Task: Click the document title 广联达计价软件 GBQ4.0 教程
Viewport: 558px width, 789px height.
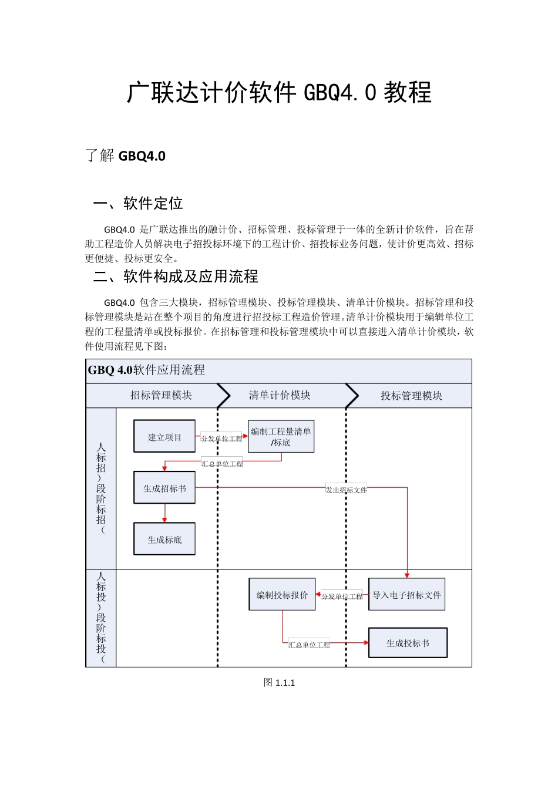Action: (279, 93)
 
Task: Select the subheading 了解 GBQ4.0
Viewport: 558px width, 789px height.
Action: (125, 156)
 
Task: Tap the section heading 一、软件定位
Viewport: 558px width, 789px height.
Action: (138, 204)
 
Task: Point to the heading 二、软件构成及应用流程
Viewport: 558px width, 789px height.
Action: (176, 277)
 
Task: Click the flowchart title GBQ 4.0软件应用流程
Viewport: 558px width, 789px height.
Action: (146, 370)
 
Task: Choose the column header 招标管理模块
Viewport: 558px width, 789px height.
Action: (161, 396)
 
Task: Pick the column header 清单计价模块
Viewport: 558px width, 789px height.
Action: (280, 396)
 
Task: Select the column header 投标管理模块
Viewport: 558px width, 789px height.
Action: (411, 396)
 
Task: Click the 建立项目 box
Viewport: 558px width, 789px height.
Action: (164, 437)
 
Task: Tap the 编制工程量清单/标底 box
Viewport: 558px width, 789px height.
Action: (281, 437)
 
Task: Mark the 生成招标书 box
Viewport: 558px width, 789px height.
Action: (164, 488)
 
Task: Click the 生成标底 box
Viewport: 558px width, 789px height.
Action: (164, 540)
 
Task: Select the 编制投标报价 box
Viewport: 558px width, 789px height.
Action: (282, 595)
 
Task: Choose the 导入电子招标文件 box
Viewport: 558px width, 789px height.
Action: (406, 595)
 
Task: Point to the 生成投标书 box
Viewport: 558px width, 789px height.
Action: (408, 643)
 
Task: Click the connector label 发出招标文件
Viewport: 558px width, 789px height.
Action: (347, 490)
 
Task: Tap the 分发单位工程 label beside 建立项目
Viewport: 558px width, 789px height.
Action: (221, 439)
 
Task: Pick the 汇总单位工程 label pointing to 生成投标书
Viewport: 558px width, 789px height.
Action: (309, 645)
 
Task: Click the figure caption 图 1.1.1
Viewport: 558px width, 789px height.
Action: (280, 683)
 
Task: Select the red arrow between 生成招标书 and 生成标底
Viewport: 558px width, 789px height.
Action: (164, 513)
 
